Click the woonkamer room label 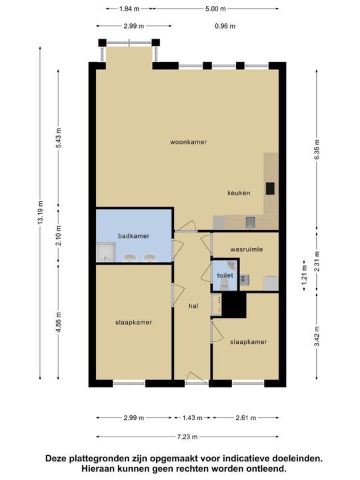point(187,142)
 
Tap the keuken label point(238,193)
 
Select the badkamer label point(133,236)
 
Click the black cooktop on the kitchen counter point(270,189)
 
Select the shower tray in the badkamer point(105,252)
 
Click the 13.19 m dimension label point(41,213)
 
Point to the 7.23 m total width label point(187,437)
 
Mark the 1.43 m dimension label point(191,418)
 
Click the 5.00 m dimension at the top point(215,9)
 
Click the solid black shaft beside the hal point(233,305)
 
